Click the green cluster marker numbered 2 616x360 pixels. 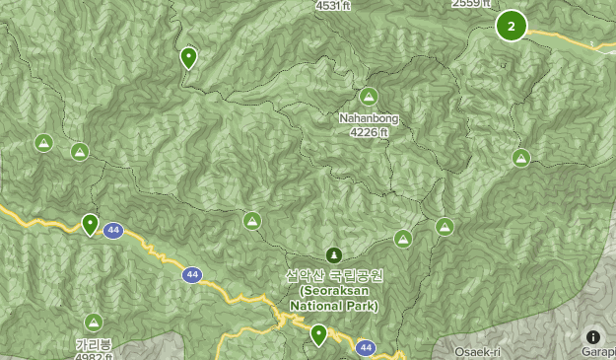pos(511,26)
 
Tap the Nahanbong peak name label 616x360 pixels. pos(369,118)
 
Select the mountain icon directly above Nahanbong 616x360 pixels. pos(369,97)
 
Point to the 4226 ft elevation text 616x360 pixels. pos(369,132)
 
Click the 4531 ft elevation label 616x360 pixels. pos(334,5)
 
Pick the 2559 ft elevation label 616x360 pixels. pos(471,4)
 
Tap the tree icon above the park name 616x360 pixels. pos(333,254)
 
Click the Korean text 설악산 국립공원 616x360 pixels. pos(333,276)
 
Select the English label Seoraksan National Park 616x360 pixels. pos(338,298)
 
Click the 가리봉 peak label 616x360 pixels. pos(93,344)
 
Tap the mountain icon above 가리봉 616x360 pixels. pos(94,322)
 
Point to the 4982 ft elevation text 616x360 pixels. pos(94,356)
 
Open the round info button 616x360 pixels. pos(593,337)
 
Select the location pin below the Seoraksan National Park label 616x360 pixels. pos(318,335)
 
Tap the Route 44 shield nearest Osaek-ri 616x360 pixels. pos(366,347)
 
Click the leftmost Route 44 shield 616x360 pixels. pos(114,230)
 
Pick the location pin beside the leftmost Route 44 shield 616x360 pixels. pos(90,225)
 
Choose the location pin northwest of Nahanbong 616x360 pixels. pos(188,58)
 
